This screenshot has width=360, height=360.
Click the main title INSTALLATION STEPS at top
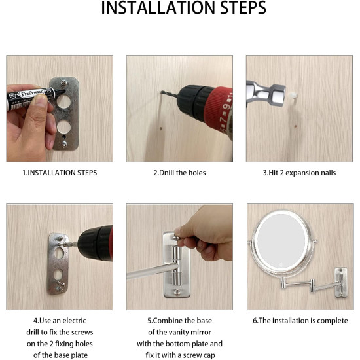point(184,8)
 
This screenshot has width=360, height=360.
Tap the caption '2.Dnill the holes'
point(179,173)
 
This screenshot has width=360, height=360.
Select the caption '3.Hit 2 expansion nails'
point(299,173)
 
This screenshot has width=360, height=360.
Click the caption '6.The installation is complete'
point(300,321)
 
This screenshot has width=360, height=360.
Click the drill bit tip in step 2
point(162,92)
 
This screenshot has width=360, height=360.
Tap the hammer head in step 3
point(266,94)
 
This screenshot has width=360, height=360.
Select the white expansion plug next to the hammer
point(293,95)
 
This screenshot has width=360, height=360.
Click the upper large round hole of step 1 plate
point(63,101)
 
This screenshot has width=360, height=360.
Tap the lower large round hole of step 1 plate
point(64,127)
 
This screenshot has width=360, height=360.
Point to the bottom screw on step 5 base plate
point(177,293)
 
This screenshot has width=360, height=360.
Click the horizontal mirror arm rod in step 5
point(153,271)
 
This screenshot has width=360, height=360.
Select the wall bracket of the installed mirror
point(341,282)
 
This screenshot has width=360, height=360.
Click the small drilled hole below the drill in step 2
point(161,128)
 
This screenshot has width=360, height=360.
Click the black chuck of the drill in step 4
point(92,244)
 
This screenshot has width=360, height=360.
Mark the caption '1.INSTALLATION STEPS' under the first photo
point(60,173)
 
